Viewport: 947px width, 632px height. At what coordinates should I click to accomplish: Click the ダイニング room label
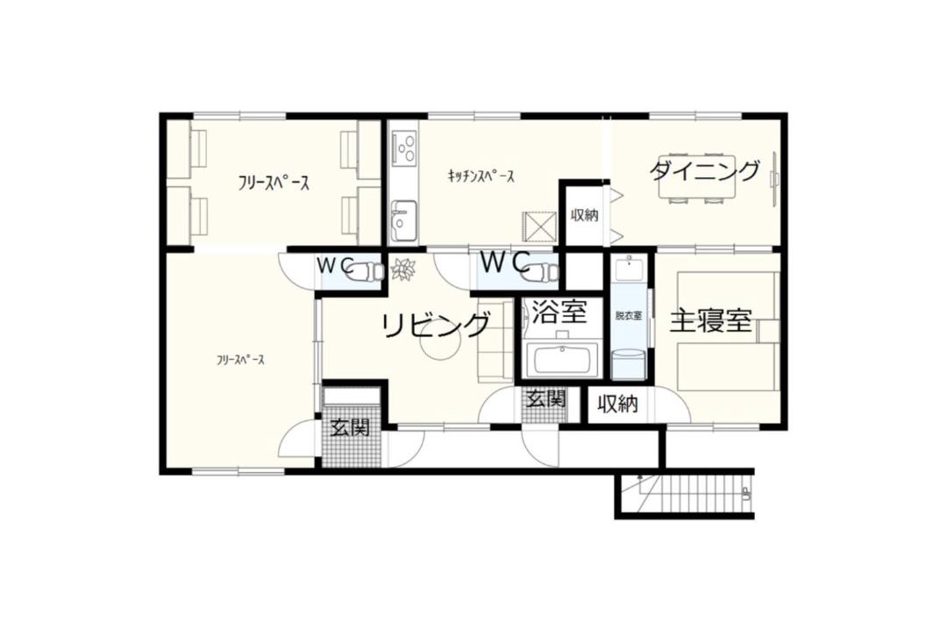(x=704, y=171)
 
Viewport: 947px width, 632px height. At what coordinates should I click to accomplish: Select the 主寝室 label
(x=711, y=320)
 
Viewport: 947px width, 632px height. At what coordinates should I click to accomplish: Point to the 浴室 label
(x=559, y=312)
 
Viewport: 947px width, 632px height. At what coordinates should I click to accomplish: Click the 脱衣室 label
(x=629, y=316)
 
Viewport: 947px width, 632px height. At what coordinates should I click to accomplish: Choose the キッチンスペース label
(x=481, y=176)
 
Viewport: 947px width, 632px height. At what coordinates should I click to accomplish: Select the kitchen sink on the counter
(x=403, y=220)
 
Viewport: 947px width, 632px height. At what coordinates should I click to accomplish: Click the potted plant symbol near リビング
(x=402, y=269)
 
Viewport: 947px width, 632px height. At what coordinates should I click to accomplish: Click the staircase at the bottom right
(x=686, y=493)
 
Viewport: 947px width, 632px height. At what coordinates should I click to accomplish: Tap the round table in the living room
(x=438, y=348)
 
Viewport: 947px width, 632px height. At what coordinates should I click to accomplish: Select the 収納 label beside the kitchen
(x=583, y=215)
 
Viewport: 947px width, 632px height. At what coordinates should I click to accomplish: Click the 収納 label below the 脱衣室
(x=617, y=404)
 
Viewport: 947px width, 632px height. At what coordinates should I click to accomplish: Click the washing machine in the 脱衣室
(x=628, y=364)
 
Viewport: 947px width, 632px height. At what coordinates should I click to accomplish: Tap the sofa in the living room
(x=495, y=340)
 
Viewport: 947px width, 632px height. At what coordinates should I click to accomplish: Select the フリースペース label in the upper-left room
(x=274, y=183)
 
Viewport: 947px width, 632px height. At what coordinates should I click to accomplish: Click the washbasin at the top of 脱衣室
(x=629, y=268)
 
